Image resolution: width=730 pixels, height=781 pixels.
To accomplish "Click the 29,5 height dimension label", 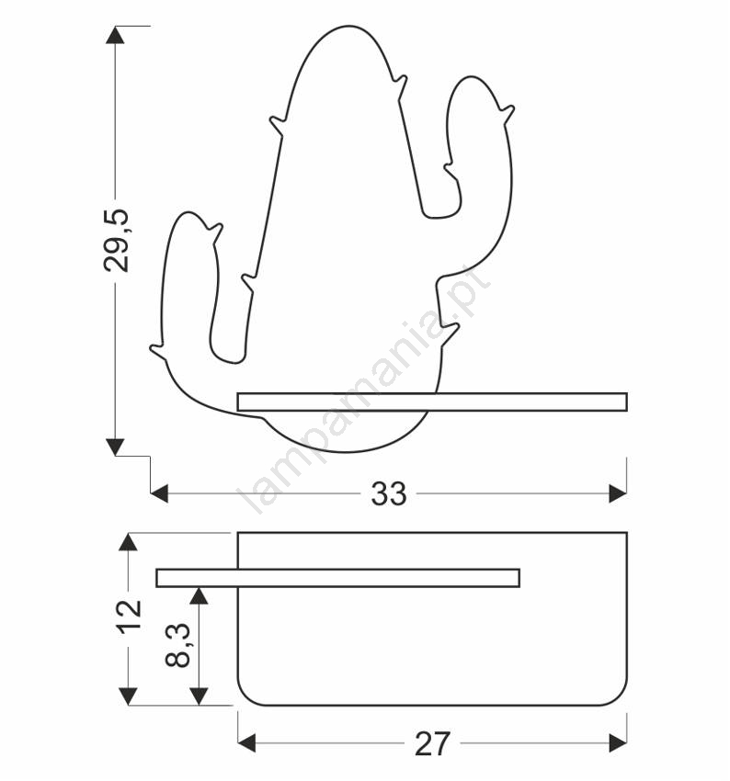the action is tap(116, 241).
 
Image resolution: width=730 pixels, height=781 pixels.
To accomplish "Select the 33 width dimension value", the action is tap(389, 494).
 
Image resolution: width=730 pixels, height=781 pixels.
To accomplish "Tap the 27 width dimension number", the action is tap(432, 743).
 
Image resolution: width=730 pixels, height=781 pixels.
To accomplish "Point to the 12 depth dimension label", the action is tap(129, 617).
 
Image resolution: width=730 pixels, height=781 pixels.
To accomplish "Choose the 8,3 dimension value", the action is tap(177, 645).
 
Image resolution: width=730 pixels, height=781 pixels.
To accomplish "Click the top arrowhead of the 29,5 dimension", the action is tap(115, 35).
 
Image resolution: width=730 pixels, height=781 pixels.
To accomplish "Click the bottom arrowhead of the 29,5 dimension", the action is tap(115, 447).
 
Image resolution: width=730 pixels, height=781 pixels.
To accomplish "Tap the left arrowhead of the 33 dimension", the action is tap(159, 494).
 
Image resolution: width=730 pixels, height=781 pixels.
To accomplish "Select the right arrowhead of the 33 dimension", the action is tap(618, 494).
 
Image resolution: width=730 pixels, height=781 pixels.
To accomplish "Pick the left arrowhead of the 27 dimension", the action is tap(246, 743).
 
